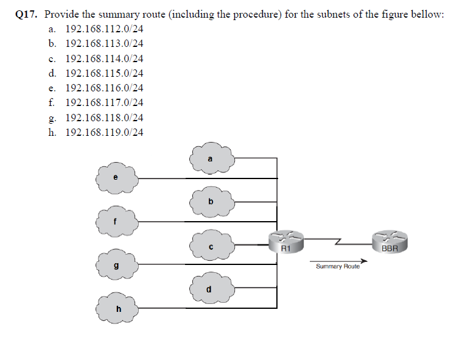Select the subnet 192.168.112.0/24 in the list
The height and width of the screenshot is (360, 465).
point(104,29)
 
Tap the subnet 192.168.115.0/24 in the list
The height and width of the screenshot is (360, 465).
point(104,73)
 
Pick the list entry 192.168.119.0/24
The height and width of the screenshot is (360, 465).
point(104,132)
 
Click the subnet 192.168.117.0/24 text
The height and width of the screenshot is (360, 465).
point(104,103)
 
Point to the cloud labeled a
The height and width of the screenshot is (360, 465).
point(211,160)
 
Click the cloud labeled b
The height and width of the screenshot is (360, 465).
point(211,202)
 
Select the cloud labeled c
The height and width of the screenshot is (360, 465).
point(211,245)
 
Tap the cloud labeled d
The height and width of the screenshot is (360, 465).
point(211,288)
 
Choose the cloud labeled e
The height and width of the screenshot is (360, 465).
point(117,177)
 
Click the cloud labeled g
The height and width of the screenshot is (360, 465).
point(117,265)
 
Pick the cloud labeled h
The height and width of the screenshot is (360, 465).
point(117,308)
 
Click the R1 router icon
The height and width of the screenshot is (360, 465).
point(286,241)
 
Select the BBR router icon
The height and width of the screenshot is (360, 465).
point(390,241)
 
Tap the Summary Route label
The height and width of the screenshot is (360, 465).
point(338,267)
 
